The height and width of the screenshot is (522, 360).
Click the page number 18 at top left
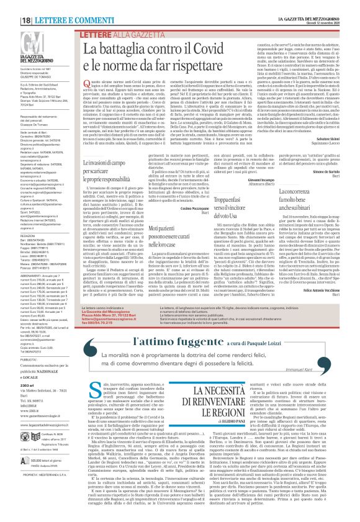coord(9,6)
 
